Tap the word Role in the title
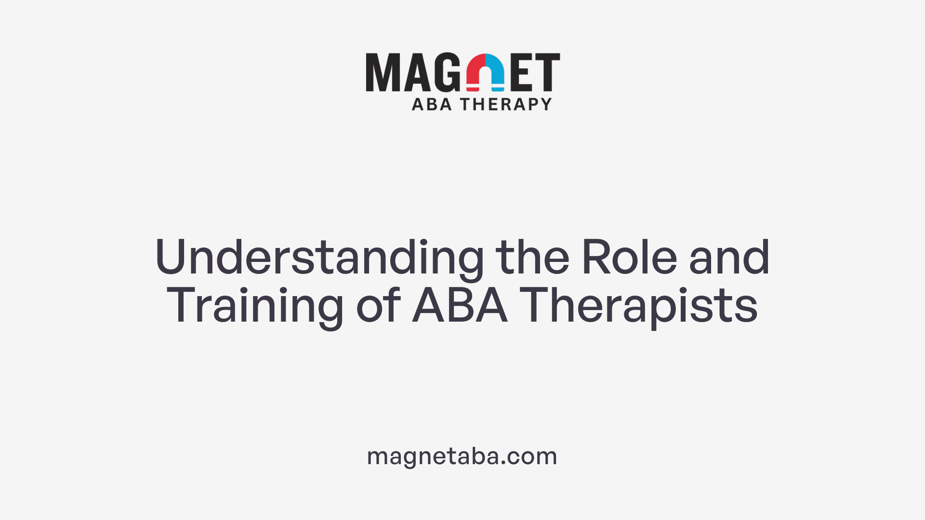[x=629, y=258]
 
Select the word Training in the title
[x=255, y=306]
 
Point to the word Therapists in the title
[x=638, y=306]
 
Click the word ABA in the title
[x=460, y=306]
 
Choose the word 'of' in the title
[x=379, y=306]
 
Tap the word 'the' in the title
[x=532, y=258]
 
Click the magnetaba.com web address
[x=462, y=456]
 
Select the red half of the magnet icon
[x=476, y=72]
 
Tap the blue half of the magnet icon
[x=495, y=72]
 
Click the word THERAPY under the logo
[x=506, y=104]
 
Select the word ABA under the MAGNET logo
[x=432, y=104]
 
